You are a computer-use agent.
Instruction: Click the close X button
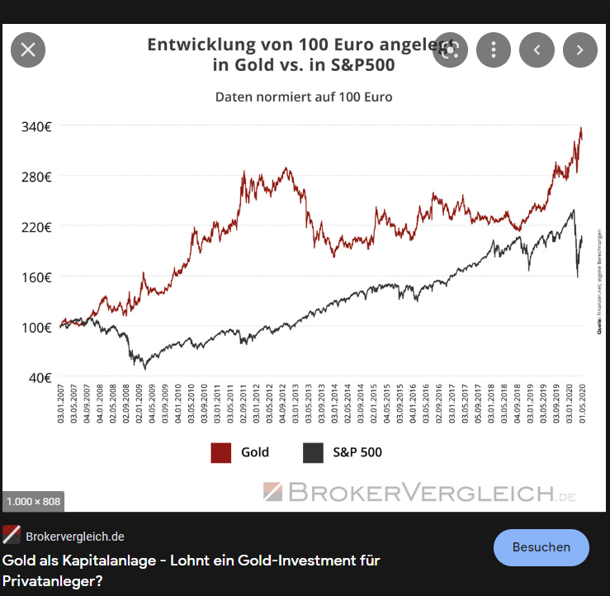28,50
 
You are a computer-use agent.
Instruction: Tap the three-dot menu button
494,50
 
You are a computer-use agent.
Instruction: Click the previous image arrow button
537,50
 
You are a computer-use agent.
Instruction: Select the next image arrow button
580,50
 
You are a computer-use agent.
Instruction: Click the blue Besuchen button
541,547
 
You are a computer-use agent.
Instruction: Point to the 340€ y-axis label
35,126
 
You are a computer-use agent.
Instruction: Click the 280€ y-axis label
35,177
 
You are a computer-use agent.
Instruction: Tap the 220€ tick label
35,227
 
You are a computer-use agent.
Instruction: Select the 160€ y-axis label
35,277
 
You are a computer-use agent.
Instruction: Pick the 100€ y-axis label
35,328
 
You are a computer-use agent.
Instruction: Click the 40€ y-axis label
39,378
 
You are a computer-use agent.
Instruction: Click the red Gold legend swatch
220,452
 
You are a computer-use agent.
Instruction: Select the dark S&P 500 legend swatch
313,452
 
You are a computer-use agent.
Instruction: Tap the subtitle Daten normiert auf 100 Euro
304,97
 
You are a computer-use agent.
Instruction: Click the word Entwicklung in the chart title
197,45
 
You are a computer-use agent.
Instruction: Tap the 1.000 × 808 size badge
33,501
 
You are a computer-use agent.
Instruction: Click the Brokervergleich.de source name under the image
75,535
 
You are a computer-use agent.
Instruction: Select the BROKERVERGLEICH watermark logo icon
273,492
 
